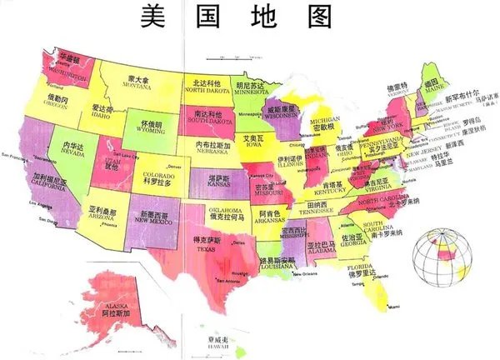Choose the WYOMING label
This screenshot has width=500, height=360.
click(151, 130)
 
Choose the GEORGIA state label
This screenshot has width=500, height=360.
click(351, 241)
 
